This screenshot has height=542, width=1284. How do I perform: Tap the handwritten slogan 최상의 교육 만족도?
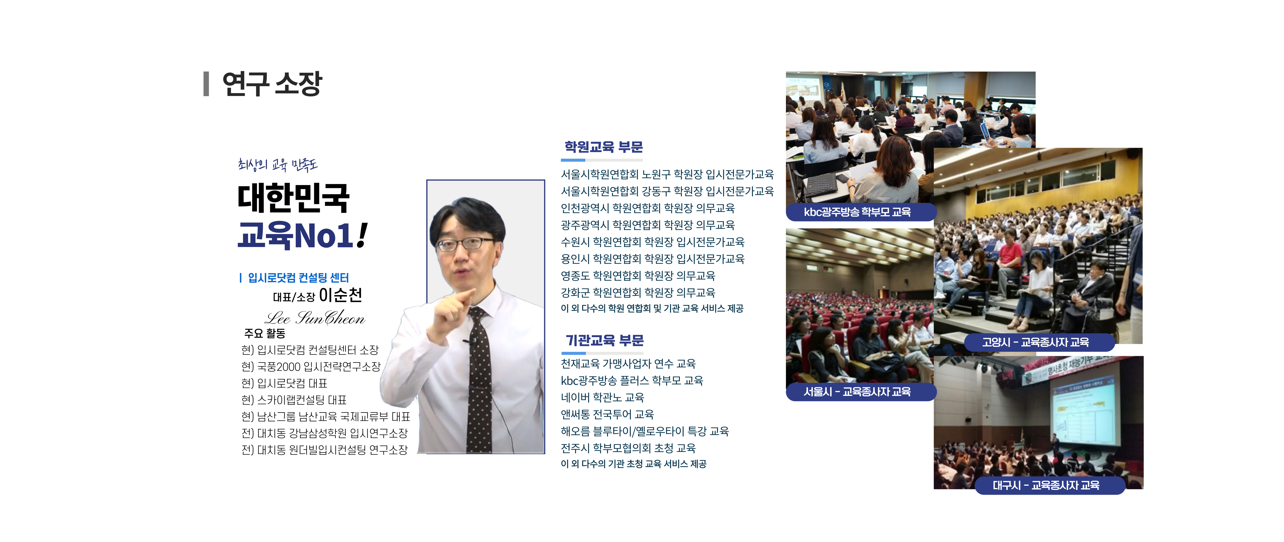pyautogui.click(x=278, y=164)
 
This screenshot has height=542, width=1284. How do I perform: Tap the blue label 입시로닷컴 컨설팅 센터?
pyautogui.click(x=298, y=278)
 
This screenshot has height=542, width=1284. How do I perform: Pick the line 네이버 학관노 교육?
pyautogui.click(x=602, y=397)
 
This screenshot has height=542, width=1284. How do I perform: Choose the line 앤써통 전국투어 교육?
pyautogui.click(x=607, y=414)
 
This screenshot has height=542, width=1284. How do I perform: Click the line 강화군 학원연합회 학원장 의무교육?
pyautogui.click(x=638, y=292)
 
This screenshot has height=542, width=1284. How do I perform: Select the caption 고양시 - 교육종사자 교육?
pyautogui.click(x=1035, y=342)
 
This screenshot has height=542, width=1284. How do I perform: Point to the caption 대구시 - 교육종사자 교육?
pyautogui.click(x=1046, y=485)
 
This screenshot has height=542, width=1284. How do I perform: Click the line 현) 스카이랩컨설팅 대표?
pyautogui.click(x=294, y=400)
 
